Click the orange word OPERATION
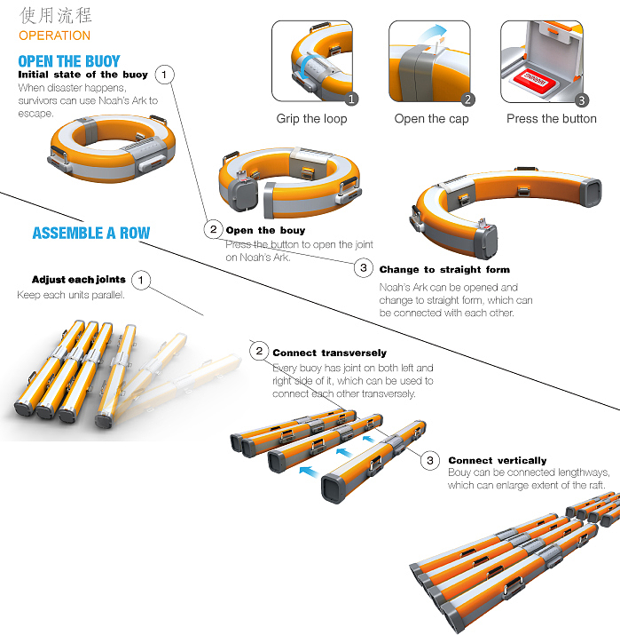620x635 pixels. pyautogui.click(x=55, y=36)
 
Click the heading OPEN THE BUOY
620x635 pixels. pyautogui.click(x=69, y=61)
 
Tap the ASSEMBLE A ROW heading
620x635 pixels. pyautogui.click(x=91, y=233)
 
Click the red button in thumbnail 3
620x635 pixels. pyautogui.click(x=535, y=80)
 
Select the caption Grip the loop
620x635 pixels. pyautogui.click(x=311, y=119)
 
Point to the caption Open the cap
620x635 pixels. pyautogui.click(x=432, y=119)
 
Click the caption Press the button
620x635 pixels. pyautogui.click(x=552, y=119)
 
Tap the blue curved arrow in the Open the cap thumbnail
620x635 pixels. pyautogui.click(x=435, y=32)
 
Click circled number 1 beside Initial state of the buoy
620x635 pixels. pyautogui.click(x=164, y=75)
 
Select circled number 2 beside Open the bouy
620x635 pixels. pyautogui.click(x=213, y=230)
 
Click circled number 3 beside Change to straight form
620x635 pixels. pyautogui.click(x=364, y=267)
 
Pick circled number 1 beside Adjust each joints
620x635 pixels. pyautogui.click(x=141, y=280)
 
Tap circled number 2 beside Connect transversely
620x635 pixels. pyautogui.click(x=259, y=351)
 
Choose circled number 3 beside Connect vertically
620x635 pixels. pyautogui.click(x=430, y=460)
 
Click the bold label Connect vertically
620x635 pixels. pyautogui.click(x=498, y=460)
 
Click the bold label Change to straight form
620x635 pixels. pyautogui.click(x=444, y=270)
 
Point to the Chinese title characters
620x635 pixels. pyautogui.click(x=56, y=15)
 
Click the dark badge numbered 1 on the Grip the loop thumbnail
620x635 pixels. pyautogui.click(x=351, y=99)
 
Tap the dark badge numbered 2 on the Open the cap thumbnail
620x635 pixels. pyautogui.click(x=468, y=99)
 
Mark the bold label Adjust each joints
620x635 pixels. pyautogui.click(x=79, y=280)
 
